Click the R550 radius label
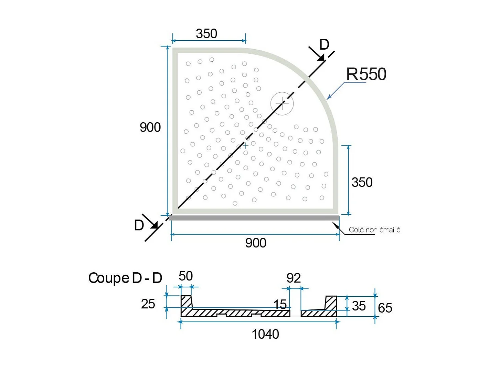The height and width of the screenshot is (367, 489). tap(366, 74)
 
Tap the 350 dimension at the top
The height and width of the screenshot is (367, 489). tap(206, 34)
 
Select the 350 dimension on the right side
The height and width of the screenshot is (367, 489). tap(362, 182)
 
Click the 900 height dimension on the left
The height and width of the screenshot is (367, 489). tap(150, 127)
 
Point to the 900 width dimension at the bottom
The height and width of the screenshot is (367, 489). tap(256, 243)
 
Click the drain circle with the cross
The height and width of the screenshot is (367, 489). tap(282, 103)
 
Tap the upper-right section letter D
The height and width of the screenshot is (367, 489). tap(324, 45)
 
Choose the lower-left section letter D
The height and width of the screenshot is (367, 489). tap(139, 225)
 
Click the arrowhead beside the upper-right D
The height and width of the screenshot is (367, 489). tap(320, 58)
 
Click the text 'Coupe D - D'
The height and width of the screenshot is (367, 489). tap(125, 278)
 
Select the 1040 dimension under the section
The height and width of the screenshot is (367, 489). tap(265, 334)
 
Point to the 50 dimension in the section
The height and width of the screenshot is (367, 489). tap(185, 276)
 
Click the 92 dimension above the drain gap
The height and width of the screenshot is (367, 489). tap(294, 278)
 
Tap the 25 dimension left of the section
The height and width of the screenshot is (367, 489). tap(148, 304)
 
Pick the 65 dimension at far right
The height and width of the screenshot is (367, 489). tap(385, 308)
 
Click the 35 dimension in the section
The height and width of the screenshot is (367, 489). tap(359, 306)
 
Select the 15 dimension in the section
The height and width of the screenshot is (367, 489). tap(280, 304)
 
